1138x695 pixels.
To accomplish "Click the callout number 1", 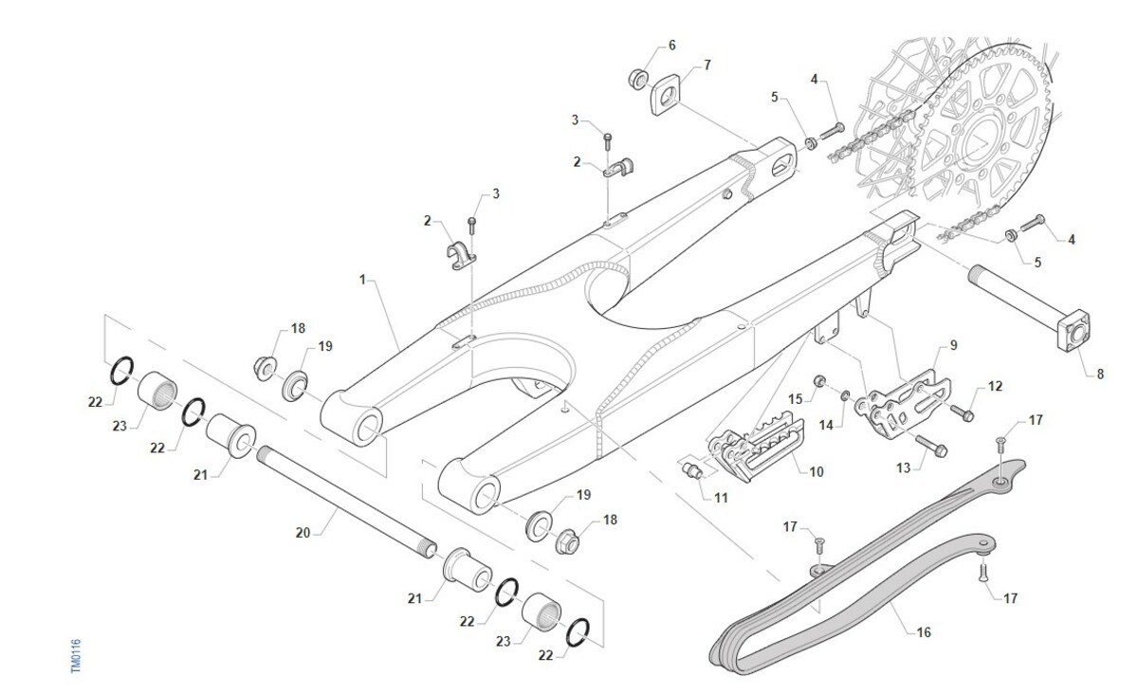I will (362, 281).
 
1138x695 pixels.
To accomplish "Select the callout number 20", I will (303, 534).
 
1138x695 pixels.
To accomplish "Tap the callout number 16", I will (924, 630).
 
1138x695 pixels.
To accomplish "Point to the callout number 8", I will (1100, 375).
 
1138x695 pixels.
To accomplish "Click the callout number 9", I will (953, 346).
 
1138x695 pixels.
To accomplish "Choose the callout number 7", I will (707, 65).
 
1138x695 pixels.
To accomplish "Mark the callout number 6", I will (672, 46).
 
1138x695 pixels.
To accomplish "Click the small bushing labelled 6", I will (637, 76).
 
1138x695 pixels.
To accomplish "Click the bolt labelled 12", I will (963, 414).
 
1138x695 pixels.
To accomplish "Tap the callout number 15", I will (796, 397).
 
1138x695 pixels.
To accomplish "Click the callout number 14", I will (826, 426).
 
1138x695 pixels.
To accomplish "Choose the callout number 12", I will (995, 386).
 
